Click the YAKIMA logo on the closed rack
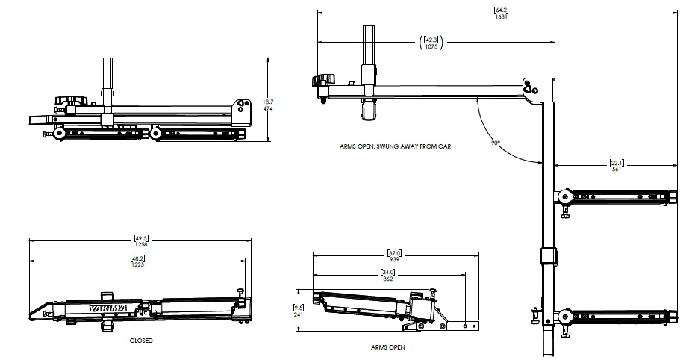click(x=107, y=308)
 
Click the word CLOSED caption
click(x=140, y=340)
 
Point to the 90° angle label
click(x=496, y=142)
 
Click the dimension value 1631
click(x=501, y=16)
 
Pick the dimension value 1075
click(x=431, y=47)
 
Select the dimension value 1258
click(x=141, y=243)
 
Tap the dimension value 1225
click(x=137, y=265)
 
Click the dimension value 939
click(x=395, y=258)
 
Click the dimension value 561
click(x=617, y=170)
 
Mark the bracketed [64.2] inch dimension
click(x=501, y=10)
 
